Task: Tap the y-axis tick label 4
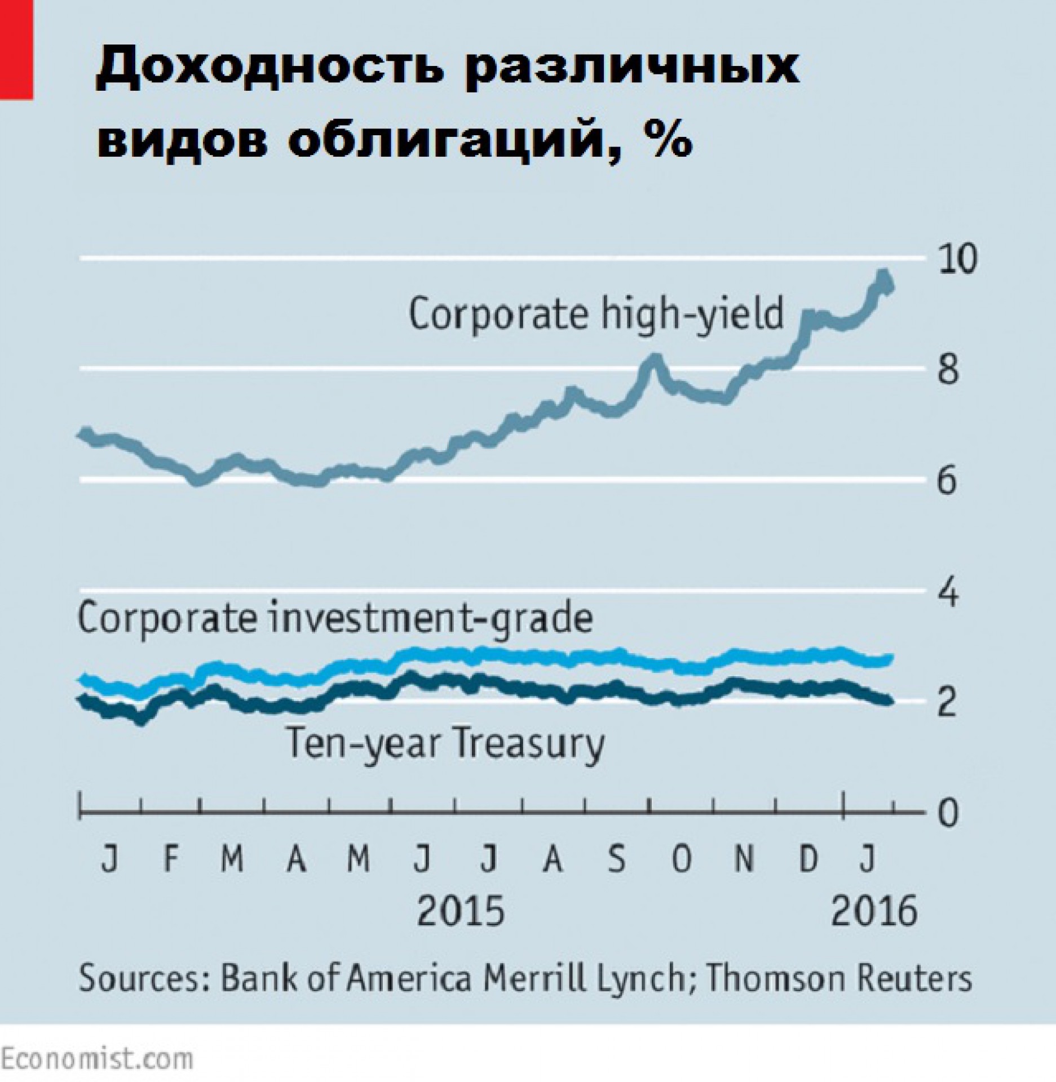[x=947, y=592]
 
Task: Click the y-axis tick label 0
[x=947, y=813]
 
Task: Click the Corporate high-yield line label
[x=596, y=313]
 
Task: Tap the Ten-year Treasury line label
[x=445, y=743]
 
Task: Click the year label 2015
[x=460, y=911]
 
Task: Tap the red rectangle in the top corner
[x=16, y=50]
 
